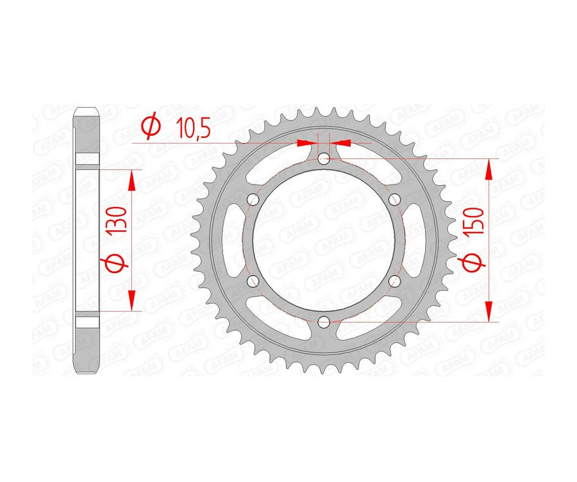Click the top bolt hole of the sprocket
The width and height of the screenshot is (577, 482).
pos(324,158)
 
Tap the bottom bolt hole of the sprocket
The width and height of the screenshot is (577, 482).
pos(324,321)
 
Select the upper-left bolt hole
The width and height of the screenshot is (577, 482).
pos(253,199)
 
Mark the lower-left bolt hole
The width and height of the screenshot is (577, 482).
pos(253,280)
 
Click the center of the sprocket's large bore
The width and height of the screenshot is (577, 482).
pos(324,240)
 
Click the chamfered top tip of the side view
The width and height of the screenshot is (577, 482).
pos(87,112)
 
